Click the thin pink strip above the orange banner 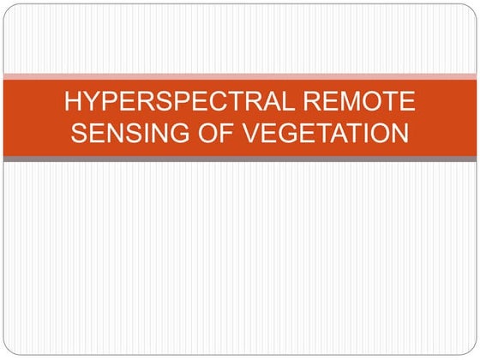pos(240,76)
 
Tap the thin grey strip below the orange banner pos(240,159)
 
